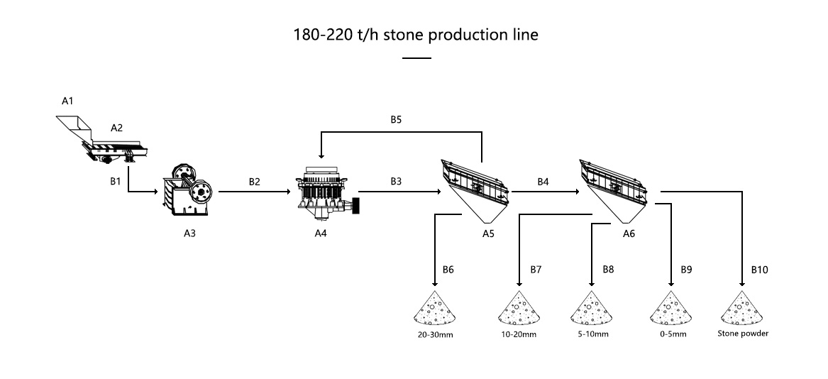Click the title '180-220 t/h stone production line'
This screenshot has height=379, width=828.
(415, 35)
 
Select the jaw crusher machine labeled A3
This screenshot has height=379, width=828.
(189, 190)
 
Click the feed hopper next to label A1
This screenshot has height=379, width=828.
(74, 128)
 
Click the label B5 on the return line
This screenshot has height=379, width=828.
(396, 120)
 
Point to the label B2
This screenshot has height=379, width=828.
(254, 182)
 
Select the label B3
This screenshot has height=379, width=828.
(396, 182)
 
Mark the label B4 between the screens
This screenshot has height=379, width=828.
(543, 182)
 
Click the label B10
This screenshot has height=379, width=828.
(759, 270)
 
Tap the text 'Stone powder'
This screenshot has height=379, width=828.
(743, 333)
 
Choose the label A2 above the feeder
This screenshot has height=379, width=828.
(116, 128)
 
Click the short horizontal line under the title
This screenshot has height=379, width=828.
(416, 58)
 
